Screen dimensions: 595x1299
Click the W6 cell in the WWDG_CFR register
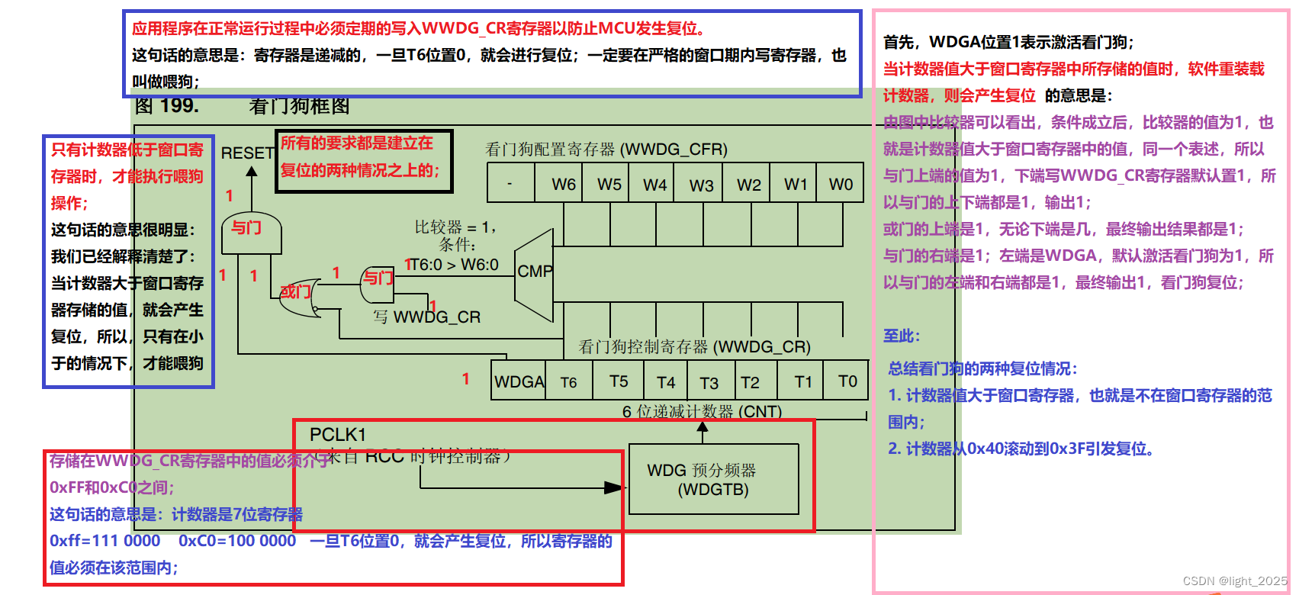(x=564, y=184)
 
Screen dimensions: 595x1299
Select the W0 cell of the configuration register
(x=841, y=184)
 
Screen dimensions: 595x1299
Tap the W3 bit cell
(x=702, y=185)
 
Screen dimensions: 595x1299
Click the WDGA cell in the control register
(x=519, y=381)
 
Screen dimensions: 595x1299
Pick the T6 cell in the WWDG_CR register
(x=569, y=382)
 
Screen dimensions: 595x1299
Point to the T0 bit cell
(x=847, y=381)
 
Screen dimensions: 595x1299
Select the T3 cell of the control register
(x=709, y=382)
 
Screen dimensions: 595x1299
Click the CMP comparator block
(x=535, y=272)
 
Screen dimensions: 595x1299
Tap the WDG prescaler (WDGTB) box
(x=713, y=480)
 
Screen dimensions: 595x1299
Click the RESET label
(x=247, y=153)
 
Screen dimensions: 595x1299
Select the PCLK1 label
(x=338, y=435)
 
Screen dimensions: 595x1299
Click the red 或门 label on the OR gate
(x=295, y=292)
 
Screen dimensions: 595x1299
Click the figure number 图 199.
(x=167, y=106)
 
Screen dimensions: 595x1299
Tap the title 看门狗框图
(x=299, y=106)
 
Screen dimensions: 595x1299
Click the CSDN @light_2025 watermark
(x=1234, y=581)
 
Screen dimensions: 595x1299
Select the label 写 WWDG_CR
(x=427, y=317)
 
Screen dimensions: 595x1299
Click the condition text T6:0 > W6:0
(x=454, y=265)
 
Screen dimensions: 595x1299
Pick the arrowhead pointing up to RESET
(x=252, y=172)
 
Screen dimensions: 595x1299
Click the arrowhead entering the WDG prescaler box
(x=614, y=487)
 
